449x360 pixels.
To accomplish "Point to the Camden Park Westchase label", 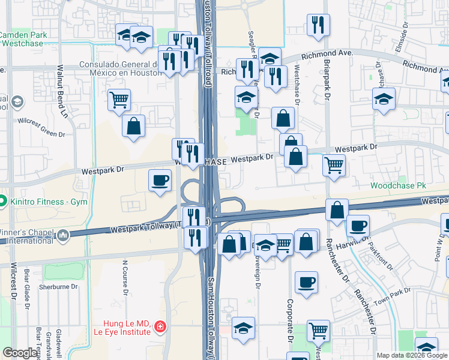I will [26, 40].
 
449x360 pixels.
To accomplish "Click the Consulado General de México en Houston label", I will [122, 69].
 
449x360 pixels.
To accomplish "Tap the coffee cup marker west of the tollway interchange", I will [160, 180].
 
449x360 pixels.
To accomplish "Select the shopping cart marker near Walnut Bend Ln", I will [119, 100].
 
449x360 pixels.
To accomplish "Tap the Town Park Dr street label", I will [391, 297].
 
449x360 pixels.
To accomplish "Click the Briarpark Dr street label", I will [327, 83].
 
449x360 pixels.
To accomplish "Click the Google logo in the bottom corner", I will [20, 353].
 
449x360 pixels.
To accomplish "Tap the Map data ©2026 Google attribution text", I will [412, 355].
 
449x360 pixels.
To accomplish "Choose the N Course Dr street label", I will [126, 278].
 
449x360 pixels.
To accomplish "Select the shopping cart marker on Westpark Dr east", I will [334, 164].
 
